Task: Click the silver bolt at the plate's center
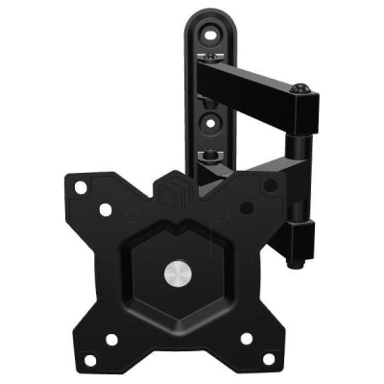(180, 276)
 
